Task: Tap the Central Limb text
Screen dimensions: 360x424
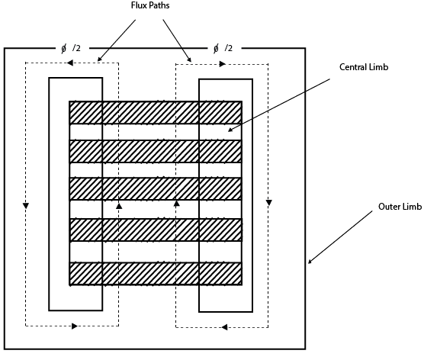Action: pos(364,68)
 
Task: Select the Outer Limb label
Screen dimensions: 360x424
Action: pos(400,207)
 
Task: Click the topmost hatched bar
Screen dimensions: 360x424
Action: pos(156,112)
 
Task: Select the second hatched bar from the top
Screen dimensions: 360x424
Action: pos(156,151)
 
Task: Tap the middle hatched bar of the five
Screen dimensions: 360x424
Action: pos(156,188)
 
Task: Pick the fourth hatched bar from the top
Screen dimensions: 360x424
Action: pos(156,230)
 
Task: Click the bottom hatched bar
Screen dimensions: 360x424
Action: pos(156,273)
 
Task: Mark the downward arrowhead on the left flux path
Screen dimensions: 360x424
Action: pos(26,206)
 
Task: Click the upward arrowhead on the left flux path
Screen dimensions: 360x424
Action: pos(119,206)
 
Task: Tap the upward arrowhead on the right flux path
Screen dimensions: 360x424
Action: pos(176,204)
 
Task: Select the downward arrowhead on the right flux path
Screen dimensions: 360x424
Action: pos(268,203)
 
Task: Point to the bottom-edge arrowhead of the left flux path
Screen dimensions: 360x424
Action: pos(74,326)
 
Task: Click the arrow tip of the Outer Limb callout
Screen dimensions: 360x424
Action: pos(308,263)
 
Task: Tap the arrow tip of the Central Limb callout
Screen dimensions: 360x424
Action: pos(226,133)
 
